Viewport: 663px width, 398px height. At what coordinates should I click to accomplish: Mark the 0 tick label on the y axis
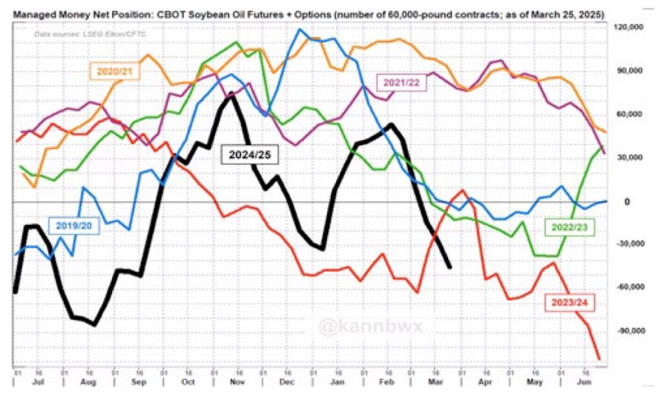point(626,202)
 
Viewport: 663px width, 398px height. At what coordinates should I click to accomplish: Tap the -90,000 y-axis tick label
point(626,331)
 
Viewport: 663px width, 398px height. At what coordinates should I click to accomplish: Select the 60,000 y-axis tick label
point(626,115)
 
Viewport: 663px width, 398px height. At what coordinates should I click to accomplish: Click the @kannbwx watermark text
point(370,326)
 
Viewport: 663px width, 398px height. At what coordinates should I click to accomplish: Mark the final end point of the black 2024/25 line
point(450,266)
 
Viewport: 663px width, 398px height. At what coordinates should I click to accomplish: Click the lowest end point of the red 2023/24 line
point(599,358)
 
